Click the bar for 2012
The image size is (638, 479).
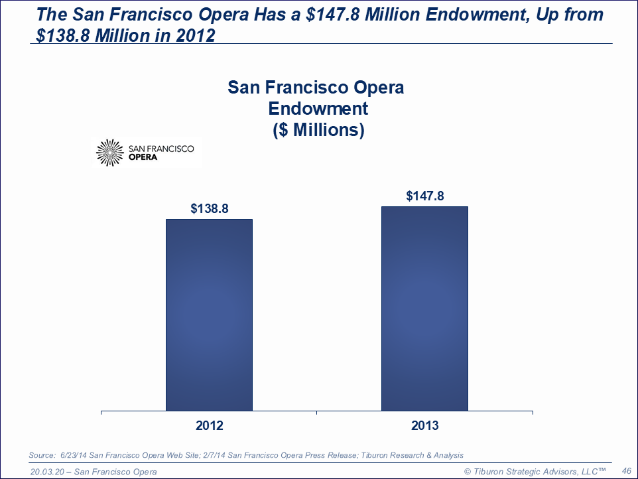(x=209, y=314)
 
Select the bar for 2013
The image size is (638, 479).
(x=424, y=308)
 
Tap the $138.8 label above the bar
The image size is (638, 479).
(x=210, y=208)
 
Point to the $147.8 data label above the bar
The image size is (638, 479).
(x=424, y=196)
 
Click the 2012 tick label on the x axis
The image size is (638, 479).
(x=209, y=425)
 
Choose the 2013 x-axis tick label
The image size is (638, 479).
(x=424, y=425)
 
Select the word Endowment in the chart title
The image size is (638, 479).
(x=316, y=108)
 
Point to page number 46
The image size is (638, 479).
(x=625, y=470)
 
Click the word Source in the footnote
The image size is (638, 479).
(x=41, y=455)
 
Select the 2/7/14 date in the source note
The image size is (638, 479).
(x=220, y=455)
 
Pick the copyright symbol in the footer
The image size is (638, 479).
(x=467, y=471)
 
